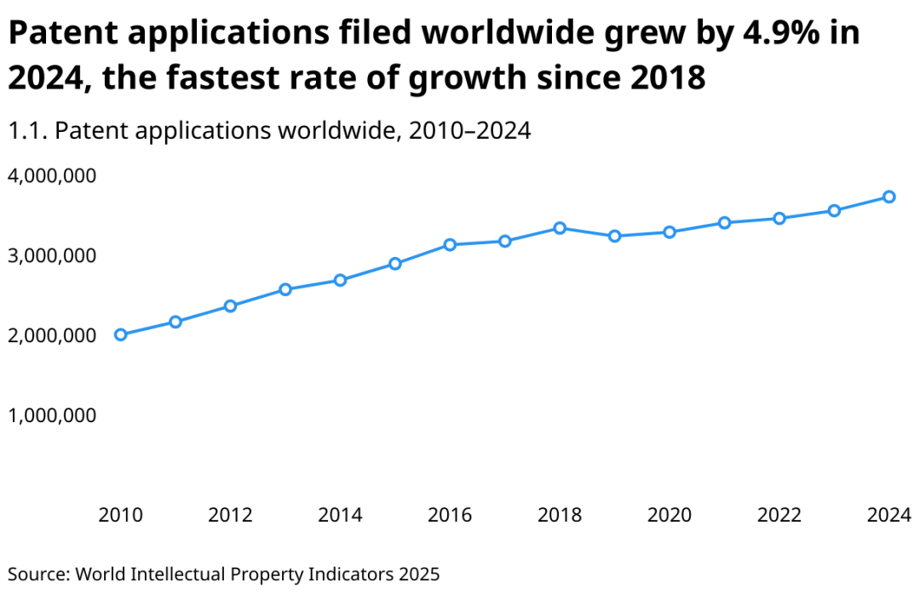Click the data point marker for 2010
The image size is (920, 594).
pos(121,334)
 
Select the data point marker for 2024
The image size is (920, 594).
pos(888,197)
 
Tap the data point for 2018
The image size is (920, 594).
pos(560,228)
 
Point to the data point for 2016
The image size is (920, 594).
pos(450,245)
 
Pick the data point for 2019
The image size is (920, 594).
pos(614,236)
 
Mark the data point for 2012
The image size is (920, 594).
pos(230,306)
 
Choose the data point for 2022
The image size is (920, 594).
pos(779,219)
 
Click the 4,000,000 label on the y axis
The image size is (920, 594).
pos(52,175)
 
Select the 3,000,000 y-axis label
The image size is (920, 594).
pos(52,255)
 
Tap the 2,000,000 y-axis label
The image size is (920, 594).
pos(52,335)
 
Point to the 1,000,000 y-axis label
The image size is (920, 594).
pos(52,415)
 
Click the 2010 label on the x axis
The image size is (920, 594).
pos(121,515)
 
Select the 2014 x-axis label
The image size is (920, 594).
pos(340,515)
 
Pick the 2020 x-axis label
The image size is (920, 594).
pos(670,515)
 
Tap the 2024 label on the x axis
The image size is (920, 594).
pos(888,515)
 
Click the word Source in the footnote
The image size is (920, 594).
pos(38,574)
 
